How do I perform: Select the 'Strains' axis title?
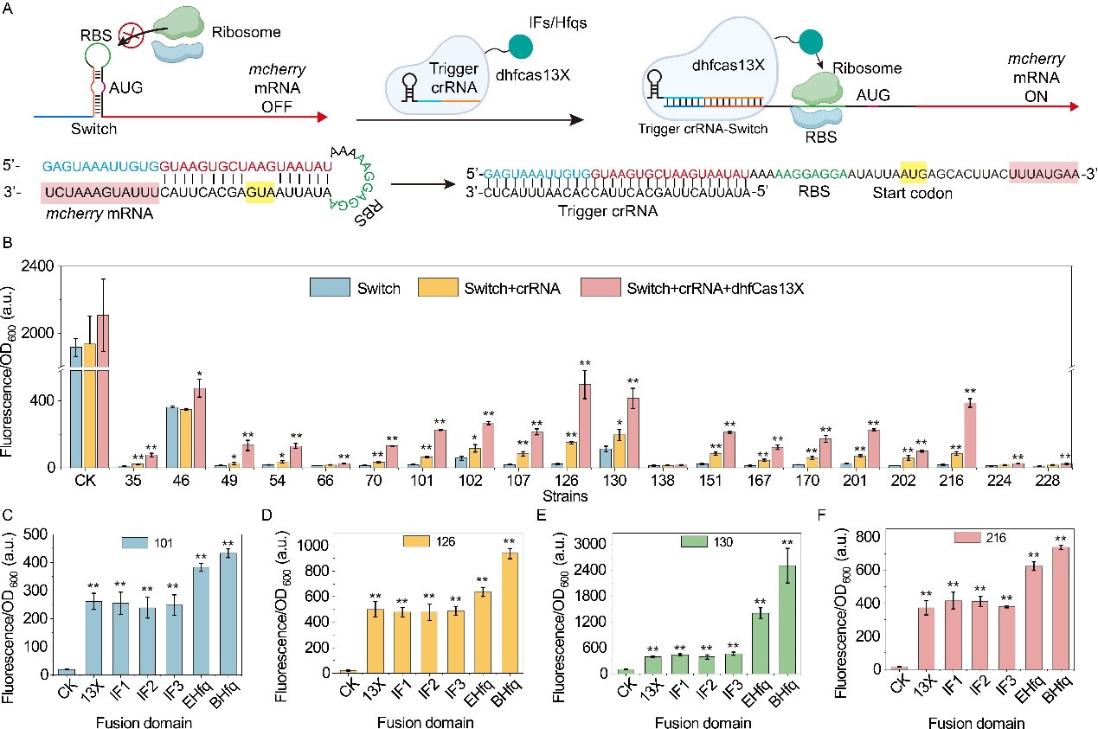click(567, 497)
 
